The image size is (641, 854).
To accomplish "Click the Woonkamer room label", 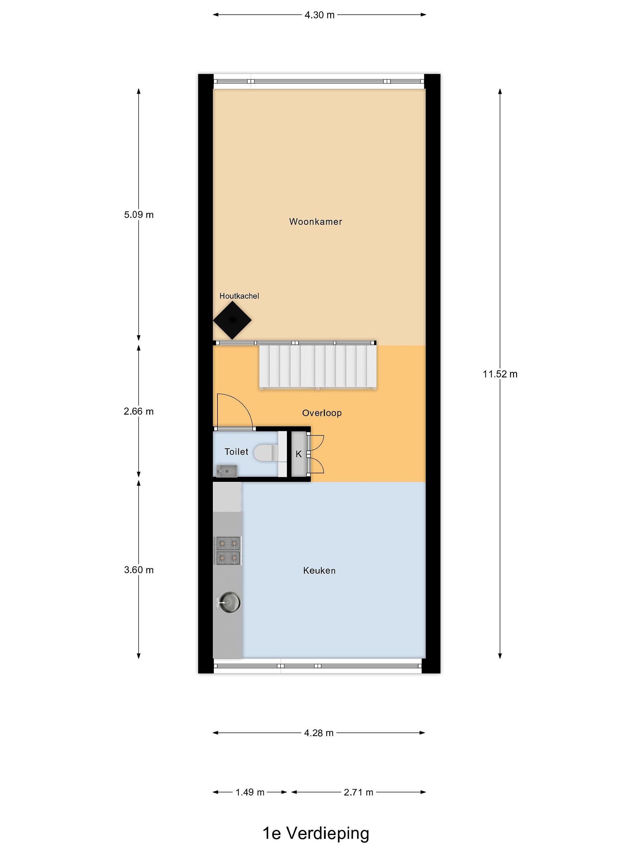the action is [316, 222].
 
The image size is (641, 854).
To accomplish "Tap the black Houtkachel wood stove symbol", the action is [232, 320].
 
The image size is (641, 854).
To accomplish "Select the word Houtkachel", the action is [239, 296].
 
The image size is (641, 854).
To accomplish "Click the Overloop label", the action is [322, 413].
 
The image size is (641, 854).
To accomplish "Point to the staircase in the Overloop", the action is [318, 367].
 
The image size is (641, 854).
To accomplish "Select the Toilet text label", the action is [237, 452].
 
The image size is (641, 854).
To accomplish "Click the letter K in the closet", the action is [299, 454].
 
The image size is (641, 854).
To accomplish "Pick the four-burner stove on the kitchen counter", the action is [228, 551].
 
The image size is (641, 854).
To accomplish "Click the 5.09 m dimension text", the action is [139, 215].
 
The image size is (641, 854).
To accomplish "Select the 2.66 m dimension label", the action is [139, 412].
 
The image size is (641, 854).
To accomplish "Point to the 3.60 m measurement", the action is [139, 570].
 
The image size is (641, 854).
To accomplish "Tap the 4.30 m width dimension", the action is [320, 15].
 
